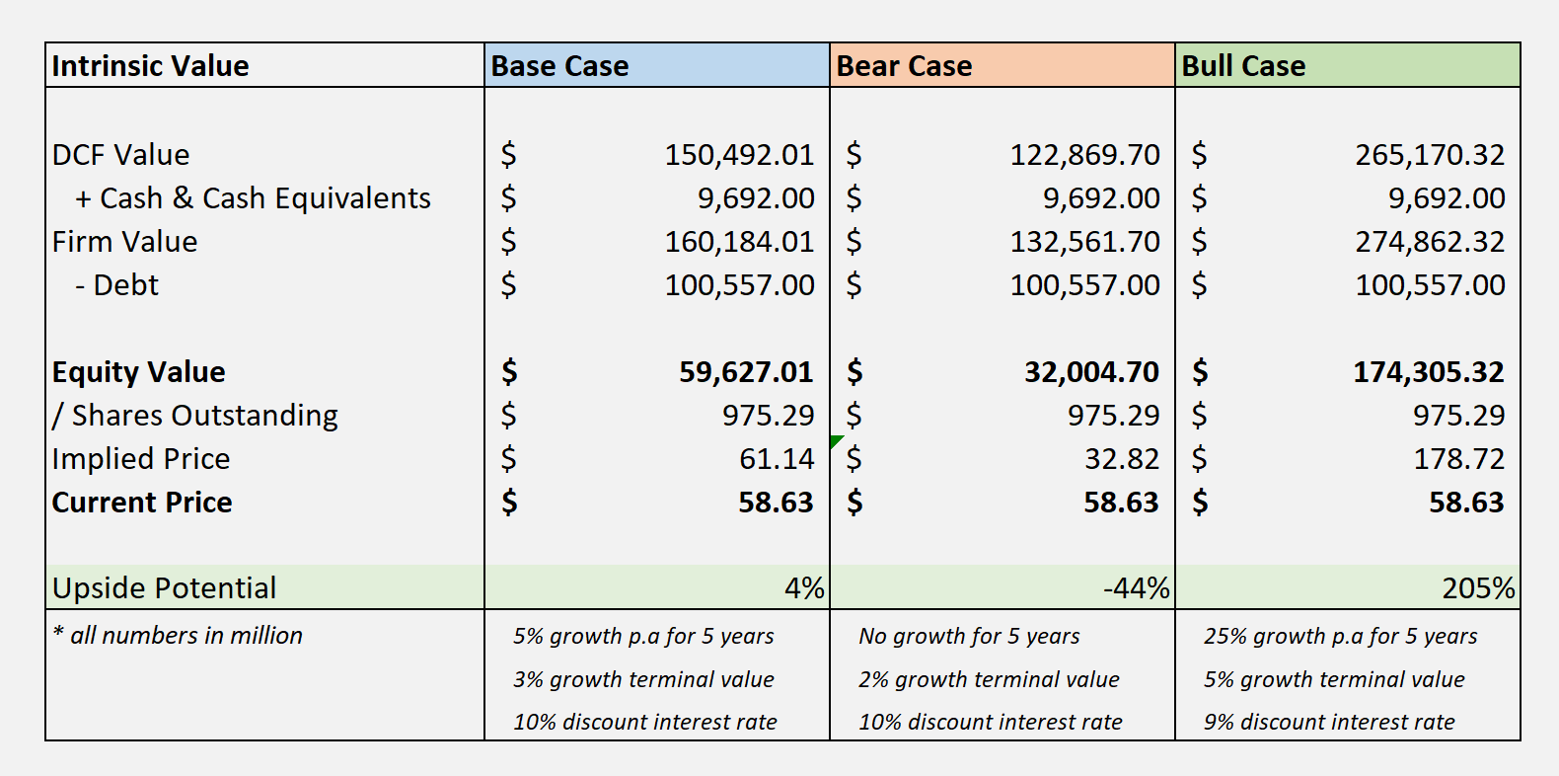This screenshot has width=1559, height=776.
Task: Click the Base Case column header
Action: tap(559, 66)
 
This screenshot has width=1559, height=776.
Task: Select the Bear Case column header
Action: tap(904, 66)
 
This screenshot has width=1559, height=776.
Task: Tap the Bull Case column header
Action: tap(1243, 66)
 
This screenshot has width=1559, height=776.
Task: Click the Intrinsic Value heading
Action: tap(150, 66)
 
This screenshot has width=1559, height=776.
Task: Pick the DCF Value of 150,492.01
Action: tap(739, 155)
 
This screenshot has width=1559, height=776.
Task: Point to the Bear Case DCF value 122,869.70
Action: tap(1084, 155)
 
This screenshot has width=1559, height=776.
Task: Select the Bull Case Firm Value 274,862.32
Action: tap(1430, 242)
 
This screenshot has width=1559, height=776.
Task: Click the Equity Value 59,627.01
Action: tap(746, 372)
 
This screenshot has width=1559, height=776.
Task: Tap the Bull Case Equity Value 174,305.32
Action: tap(1429, 372)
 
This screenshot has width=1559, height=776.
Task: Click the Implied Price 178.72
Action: tap(1458, 459)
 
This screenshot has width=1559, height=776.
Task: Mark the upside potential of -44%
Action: tap(1136, 588)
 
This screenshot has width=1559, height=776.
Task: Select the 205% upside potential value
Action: tap(1478, 588)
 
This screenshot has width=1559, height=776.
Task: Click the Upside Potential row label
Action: tap(164, 588)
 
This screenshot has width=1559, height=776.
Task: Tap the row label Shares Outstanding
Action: tap(195, 416)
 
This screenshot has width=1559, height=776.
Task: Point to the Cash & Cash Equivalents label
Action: tap(253, 198)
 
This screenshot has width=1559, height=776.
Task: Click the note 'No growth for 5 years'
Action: tap(969, 637)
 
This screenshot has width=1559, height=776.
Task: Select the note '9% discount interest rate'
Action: tap(1329, 723)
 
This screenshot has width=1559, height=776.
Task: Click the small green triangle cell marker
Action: tap(836, 440)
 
